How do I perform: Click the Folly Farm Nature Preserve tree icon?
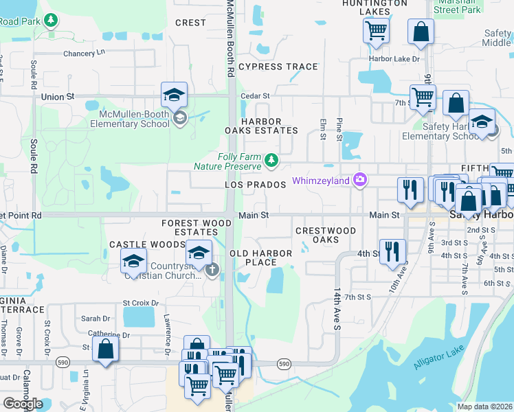click(x=272, y=161)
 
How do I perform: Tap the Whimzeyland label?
click(x=321, y=181)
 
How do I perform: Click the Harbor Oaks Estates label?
click(x=261, y=126)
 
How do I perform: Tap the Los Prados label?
click(x=255, y=185)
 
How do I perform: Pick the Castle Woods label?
click(x=138, y=244)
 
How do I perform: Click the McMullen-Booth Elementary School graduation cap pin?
click(x=175, y=95)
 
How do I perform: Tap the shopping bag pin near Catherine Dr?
click(x=106, y=350)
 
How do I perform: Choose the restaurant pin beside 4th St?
click(x=392, y=251)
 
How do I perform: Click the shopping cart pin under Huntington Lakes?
click(x=376, y=30)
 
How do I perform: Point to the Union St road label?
click(x=57, y=97)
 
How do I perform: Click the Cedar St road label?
click(x=256, y=96)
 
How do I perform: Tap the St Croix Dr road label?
click(x=140, y=303)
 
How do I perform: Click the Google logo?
click(x=23, y=404)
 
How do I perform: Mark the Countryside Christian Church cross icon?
click(x=212, y=269)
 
